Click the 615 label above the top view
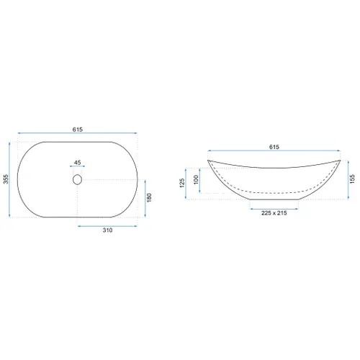point(78,130)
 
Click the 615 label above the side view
point(274,147)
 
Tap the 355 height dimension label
point(6,179)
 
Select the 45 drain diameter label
point(77,163)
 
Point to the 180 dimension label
point(149,197)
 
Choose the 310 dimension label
point(107,230)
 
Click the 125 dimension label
point(182,183)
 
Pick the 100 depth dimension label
point(196,180)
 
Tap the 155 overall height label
point(352,179)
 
